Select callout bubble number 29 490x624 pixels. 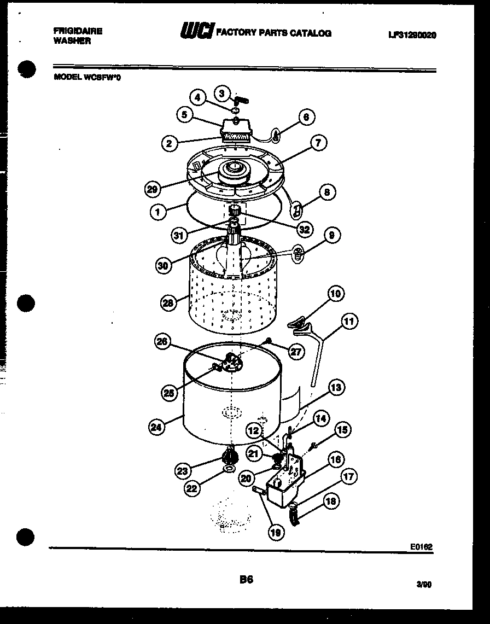coord(153,189)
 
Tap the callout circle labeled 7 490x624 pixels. coord(318,143)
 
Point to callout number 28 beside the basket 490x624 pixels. coord(168,302)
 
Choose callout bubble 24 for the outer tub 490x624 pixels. coord(156,427)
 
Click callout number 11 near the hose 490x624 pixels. coord(349,322)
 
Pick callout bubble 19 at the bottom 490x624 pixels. coord(277,532)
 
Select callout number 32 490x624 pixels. coord(305,230)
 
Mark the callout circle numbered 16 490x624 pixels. coord(335,460)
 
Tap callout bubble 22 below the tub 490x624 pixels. coord(191,489)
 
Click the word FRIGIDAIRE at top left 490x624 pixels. coord(77,31)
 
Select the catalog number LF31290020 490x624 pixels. coord(412,35)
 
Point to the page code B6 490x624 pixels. coord(246,579)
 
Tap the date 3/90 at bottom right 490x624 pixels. coord(424,584)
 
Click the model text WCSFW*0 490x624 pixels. coord(102,78)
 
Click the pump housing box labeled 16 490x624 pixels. coord(284,487)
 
